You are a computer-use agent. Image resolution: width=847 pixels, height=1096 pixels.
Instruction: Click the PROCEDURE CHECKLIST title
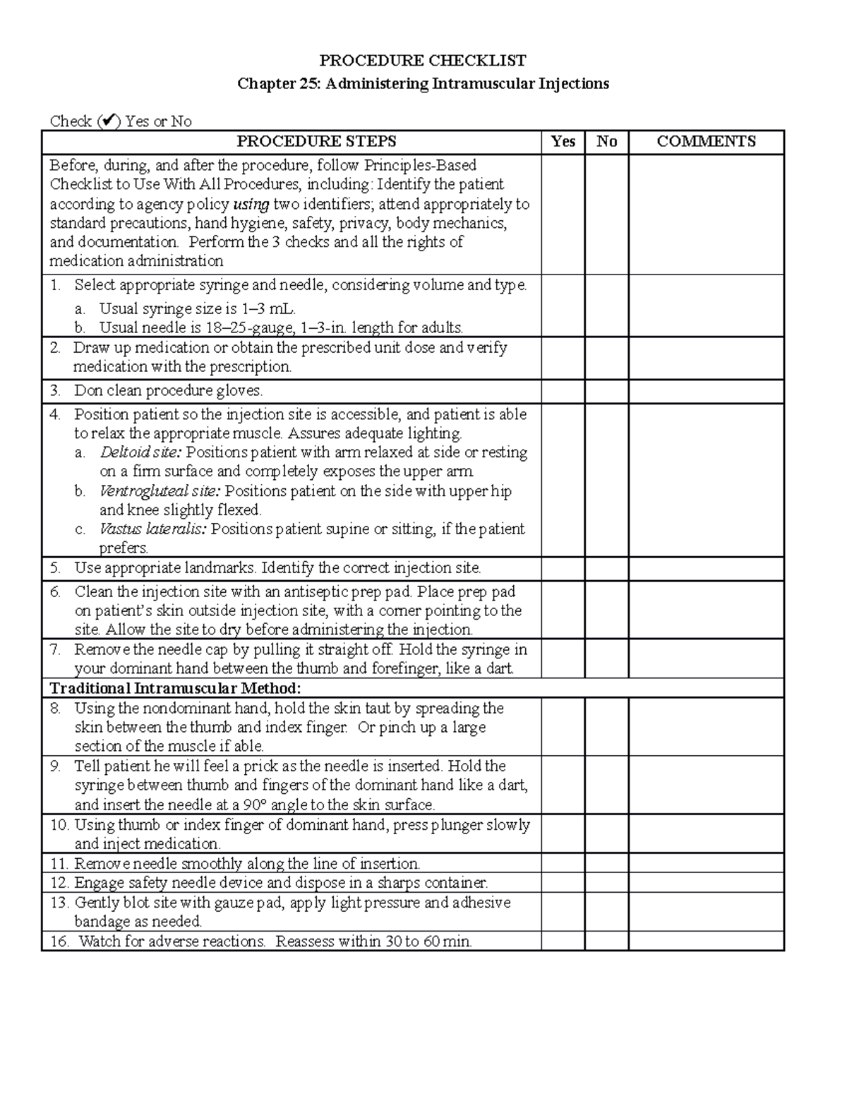point(423,60)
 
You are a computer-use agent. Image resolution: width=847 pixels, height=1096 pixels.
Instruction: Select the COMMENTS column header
point(706,142)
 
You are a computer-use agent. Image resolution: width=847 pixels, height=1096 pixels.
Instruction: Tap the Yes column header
point(563,142)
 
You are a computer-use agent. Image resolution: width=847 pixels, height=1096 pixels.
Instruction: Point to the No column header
point(606,142)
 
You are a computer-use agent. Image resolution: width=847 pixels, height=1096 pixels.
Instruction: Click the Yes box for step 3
point(563,391)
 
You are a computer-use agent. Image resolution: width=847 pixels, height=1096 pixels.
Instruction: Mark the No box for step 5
point(606,568)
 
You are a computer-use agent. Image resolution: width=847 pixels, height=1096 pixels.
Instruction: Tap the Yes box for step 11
point(563,863)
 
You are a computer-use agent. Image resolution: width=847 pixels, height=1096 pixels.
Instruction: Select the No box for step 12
point(606,882)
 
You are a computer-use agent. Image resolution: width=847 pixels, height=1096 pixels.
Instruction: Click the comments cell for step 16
point(706,941)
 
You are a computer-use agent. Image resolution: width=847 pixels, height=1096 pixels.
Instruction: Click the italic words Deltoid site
point(140,452)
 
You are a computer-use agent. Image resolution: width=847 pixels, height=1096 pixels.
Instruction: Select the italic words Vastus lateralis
point(153,529)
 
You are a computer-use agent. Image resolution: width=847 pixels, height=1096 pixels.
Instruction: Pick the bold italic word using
point(251,205)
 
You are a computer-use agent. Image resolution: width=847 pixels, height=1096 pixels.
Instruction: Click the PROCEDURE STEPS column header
point(316,142)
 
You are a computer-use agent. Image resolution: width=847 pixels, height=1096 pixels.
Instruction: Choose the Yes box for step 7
point(563,658)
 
